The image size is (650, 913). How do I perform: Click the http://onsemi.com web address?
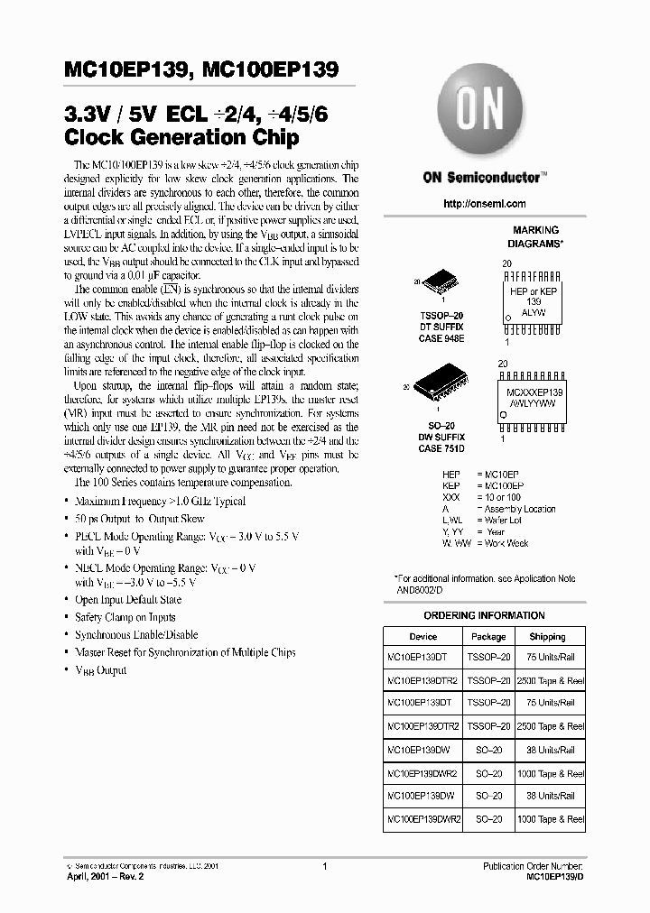(x=484, y=204)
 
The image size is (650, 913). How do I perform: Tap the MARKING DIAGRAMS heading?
(x=535, y=236)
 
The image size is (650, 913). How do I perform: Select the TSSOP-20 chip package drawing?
(x=441, y=281)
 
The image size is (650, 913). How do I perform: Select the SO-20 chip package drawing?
(x=439, y=385)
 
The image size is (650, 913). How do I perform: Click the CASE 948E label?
(x=441, y=338)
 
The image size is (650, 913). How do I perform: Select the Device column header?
(x=422, y=636)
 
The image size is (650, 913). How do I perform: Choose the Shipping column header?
(x=547, y=636)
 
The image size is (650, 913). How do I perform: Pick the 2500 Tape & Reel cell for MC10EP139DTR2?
(x=550, y=680)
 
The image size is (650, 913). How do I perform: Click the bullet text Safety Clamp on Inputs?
(x=125, y=617)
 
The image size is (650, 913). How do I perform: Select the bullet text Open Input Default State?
(x=127, y=600)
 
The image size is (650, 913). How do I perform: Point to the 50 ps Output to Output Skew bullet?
(x=139, y=519)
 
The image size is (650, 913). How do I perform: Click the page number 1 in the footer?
(x=323, y=866)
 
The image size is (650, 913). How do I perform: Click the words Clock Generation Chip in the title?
(x=181, y=138)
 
